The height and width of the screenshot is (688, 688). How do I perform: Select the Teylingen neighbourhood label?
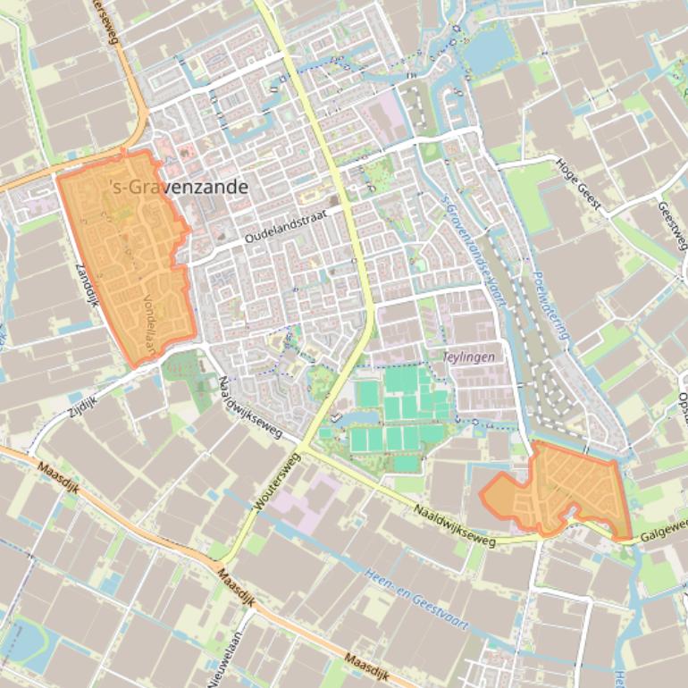click(x=468, y=357)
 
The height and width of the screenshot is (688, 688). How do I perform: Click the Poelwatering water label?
click(x=551, y=306)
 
